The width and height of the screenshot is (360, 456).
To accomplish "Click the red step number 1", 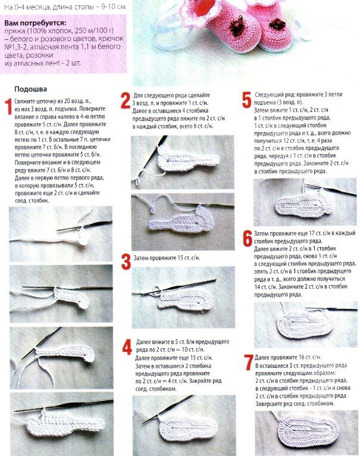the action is pos(9,107).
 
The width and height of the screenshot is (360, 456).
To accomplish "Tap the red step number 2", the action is pos(126,101).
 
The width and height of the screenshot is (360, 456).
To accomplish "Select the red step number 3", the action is pos(126,261).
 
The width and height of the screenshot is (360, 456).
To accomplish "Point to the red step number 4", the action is pos(127,347).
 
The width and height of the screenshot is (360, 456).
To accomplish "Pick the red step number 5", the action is pos(246,100).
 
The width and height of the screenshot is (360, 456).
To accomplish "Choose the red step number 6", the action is pos(248,239).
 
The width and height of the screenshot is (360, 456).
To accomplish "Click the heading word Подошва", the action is pos(30,89).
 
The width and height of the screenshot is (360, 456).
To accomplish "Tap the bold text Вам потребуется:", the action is pos(35,23).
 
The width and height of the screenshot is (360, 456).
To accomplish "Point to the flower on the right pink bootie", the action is pos(277,23).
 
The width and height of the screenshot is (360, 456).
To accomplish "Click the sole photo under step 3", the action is pos(183,297).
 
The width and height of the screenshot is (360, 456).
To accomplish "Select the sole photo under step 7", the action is pos(306,433).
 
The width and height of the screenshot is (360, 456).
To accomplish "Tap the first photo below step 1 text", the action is pos(61,234).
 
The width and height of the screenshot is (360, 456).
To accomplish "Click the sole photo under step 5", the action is pos(305,202).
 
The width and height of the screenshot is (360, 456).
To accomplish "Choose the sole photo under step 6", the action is pos(306,324).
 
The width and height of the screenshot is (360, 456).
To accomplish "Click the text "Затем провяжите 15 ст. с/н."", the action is pos(167,258).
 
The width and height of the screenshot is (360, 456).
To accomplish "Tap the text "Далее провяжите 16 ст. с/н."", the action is pos(288,357).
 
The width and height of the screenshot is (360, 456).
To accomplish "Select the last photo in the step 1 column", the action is pos(62,424).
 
